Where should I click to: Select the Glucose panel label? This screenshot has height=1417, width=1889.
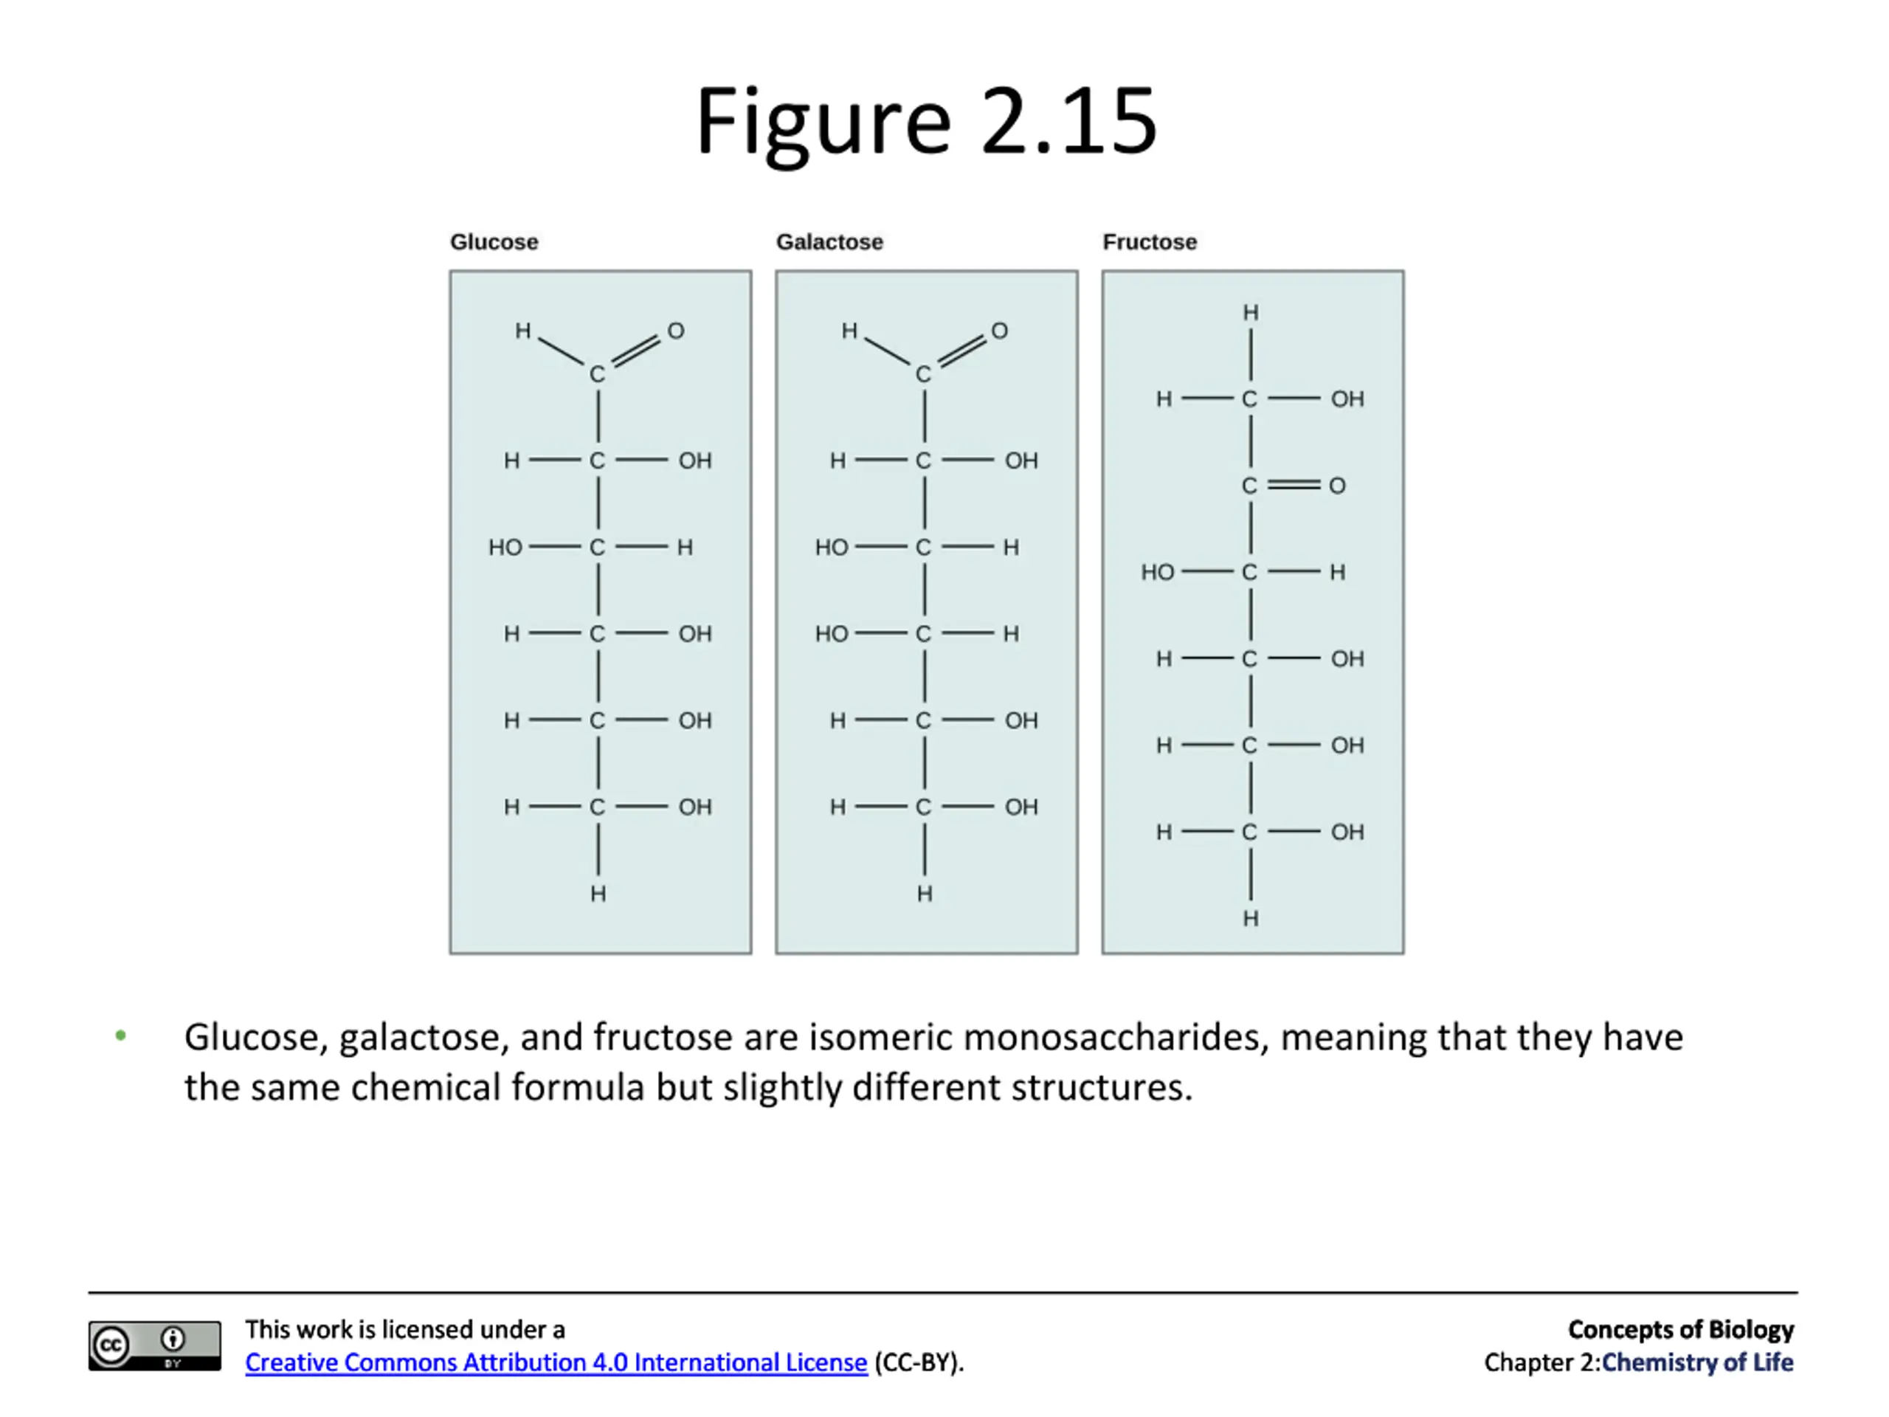pos(494,243)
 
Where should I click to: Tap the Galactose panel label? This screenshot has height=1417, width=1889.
pos(829,243)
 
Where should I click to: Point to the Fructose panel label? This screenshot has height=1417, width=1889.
pos(1149,243)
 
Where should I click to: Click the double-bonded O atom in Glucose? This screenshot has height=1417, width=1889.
pos(675,331)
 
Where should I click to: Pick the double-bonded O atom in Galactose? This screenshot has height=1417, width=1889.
pos(999,331)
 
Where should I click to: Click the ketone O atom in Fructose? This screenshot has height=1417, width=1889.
pos(1336,486)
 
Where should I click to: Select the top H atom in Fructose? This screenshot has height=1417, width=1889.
pos(1250,313)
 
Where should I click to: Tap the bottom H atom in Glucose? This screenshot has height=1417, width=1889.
pos(598,894)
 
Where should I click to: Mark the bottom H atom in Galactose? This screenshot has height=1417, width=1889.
pos(924,894)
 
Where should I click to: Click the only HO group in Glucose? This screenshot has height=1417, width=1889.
pos(505,548)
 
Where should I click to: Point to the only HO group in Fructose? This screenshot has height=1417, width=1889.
pos(1157,572)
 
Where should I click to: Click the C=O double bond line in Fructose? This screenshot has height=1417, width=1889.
pos(1293,485)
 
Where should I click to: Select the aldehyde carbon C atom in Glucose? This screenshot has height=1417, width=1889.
pos(597,374)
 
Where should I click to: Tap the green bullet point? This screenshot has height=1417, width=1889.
pos(120,1035)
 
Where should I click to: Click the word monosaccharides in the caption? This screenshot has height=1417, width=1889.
pos(1114,1037)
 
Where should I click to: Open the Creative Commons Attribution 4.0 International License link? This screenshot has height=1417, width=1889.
pos(556,1362)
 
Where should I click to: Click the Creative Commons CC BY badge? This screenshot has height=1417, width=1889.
pos(154,1346)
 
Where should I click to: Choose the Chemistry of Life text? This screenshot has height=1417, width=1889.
pos(1697,1362)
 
